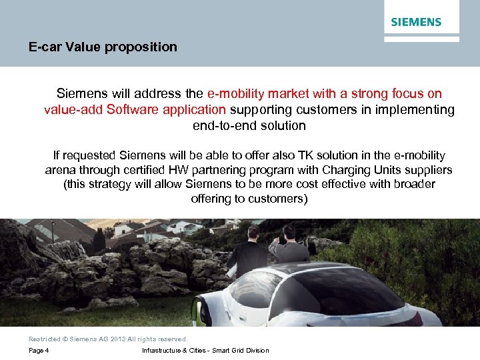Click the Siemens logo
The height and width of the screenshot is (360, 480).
coord(416,22)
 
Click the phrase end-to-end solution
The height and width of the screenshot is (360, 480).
coord(249,125)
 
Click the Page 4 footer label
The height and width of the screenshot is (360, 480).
coord(39,351)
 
